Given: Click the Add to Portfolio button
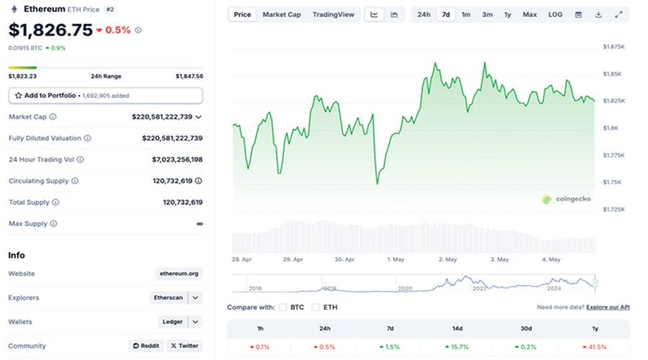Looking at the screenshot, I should tap(105, 95).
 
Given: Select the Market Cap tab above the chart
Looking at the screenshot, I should tap(282, 14).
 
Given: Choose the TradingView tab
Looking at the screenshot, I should tap(333, 14).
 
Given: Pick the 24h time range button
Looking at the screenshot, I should tap(424, 14).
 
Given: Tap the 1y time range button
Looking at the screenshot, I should tap(508, 14).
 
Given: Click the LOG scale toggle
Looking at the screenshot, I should tap(555, 14).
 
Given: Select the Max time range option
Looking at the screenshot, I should tap(529, 14).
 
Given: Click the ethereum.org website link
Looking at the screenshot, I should tap(179, 274).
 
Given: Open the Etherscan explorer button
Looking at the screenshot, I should tap(168, 297).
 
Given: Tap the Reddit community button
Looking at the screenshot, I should tap(145, 346).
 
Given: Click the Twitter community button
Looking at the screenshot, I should tap(184, 346).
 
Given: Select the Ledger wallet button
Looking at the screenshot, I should tap(172, 322).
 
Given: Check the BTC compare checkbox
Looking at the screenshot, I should tap(283, 307).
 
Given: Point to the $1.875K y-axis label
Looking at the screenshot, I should tap(613, 47).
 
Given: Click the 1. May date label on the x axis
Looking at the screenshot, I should tap(397, 259).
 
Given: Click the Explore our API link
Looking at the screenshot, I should tap(608, 307).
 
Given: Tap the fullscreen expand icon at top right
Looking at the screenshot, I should tap(618, 14).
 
